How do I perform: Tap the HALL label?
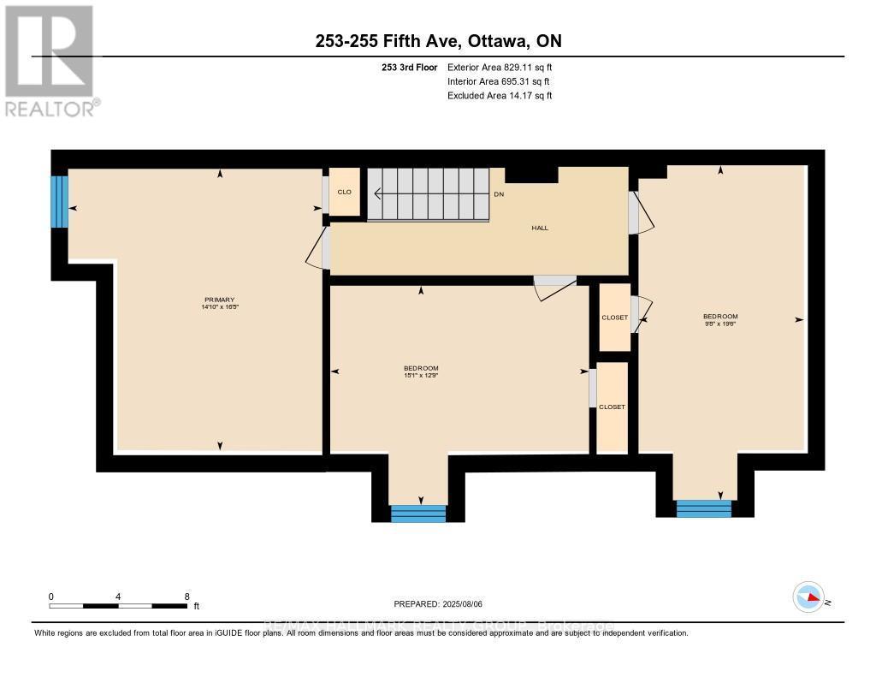pyautogui.click(x=539, y=228)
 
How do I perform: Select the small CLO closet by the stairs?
pyautogui.click(x=345, y=192)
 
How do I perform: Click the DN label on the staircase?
pyautogui.click(x=500, y=194)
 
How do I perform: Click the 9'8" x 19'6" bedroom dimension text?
pyautogui.click(x=719, y=324)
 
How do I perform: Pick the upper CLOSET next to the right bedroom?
pyautogui.click(x=614, y=318)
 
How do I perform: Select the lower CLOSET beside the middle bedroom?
pyautogui.click(x=612, y=407)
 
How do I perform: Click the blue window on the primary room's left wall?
pyautogui.click(x=59, y=202)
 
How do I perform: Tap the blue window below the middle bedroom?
pyautogui.click(x=418, y=514)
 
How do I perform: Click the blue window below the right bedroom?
pyautogui.click(x=704, y=509)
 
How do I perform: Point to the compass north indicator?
pyautogui.click(x=808, y=597)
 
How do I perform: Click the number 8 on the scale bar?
pyautogui.click(x=186, y=597)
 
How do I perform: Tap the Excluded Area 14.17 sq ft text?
pyautogui.click(x=500, y=96)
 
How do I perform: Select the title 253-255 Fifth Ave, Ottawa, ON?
pyautogui.click(x=437, y=41)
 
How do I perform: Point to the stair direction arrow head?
pyautogui.click(x=377, y=194)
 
